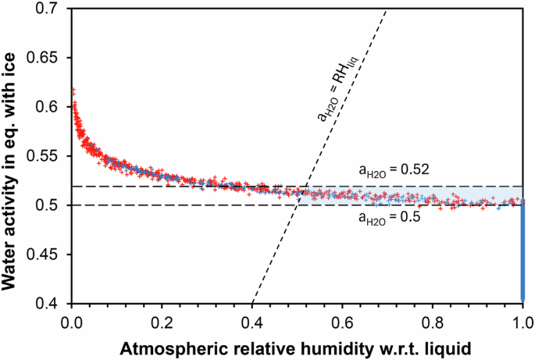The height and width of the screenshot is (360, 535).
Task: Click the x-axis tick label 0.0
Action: coord(72,319)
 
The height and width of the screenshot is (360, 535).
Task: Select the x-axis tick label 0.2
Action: coord(162,319)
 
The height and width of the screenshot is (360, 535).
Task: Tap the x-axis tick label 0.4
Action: coord(252,319)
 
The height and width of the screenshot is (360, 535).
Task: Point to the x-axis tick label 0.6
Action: coord(342,319)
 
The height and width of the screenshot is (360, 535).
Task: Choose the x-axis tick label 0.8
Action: coord(433,319)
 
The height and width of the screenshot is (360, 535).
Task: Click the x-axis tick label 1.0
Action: coord(523,319)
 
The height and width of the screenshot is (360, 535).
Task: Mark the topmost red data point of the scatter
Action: coord(73,91)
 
